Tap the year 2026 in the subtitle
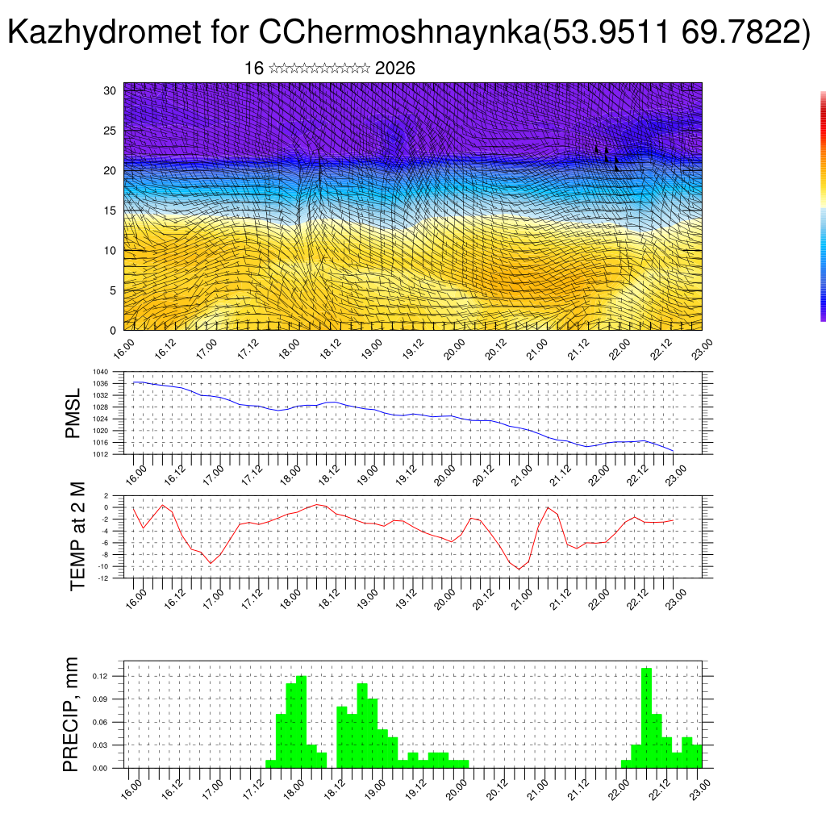tap(395, 69)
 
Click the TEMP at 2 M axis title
tap(77, 536)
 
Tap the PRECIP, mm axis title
tap(72, 715)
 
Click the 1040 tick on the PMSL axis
tap(101, 372)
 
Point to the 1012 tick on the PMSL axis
tap(101, 455)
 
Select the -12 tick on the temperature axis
tap(104, 578)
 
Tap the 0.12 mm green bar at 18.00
tap(301, 722)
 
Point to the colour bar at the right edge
tap(823, 206)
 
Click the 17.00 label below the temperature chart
tap(213, 598)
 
